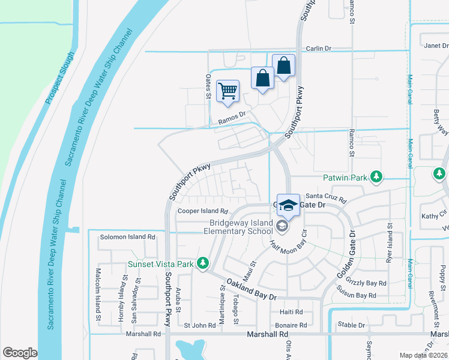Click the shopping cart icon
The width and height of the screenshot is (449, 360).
[x=228, y=91]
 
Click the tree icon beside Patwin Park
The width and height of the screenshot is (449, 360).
[x=376, y=176]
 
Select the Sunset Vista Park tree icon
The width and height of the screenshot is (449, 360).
[x=203, y=263]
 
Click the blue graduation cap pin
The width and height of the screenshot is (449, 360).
[x=288, y=205]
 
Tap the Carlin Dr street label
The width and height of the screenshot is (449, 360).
[x=319, y=49]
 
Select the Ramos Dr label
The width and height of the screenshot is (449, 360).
[x=232, y=116]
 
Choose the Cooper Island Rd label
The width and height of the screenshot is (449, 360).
[x=203, y=211]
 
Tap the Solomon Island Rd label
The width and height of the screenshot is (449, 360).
[x=128, y=237]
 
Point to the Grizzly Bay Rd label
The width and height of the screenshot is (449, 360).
[x=365, y=283]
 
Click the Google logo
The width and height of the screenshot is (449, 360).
[x=20, y=353]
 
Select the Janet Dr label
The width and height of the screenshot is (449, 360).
[x=436, y=46]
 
